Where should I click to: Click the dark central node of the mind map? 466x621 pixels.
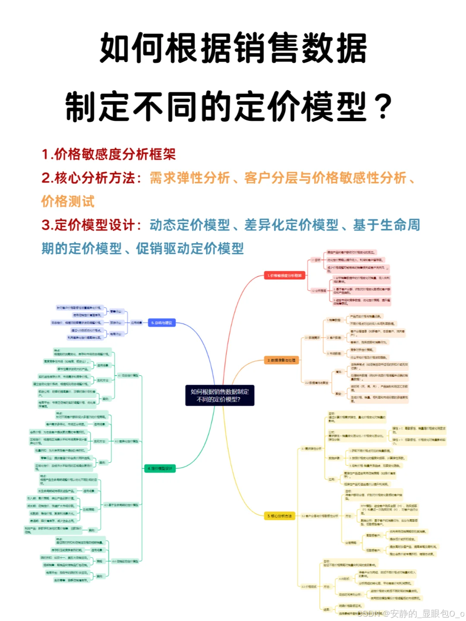pos(220,395)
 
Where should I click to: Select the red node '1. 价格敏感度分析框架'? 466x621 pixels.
pos(284,275)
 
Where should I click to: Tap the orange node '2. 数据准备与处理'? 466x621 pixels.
pos(281,360)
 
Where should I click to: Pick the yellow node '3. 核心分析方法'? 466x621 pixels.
pos(280,516)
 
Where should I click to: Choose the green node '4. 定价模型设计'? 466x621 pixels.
pos(160,468)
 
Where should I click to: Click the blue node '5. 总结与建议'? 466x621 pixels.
pos(162,323)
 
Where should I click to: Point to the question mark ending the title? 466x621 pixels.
pos(383,107)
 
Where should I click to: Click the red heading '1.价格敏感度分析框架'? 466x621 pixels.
pos(109,154)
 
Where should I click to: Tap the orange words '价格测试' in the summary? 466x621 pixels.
pos(68,201)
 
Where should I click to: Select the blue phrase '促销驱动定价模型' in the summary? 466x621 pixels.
pos(190,248)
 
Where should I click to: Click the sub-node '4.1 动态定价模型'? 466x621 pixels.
pos(128,375)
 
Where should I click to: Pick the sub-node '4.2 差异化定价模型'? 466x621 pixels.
pos(126,441)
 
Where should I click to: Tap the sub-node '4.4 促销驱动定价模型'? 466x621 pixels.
pos(126,561)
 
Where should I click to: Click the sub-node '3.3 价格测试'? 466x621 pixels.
pos(309,586)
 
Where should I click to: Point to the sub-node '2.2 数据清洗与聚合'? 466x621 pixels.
pos(317,383)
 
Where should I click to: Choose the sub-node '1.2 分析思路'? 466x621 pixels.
pos(319,291)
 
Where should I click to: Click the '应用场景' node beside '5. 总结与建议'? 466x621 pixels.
pos(136,323)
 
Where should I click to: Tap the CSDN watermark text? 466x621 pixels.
pos(410,613)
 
